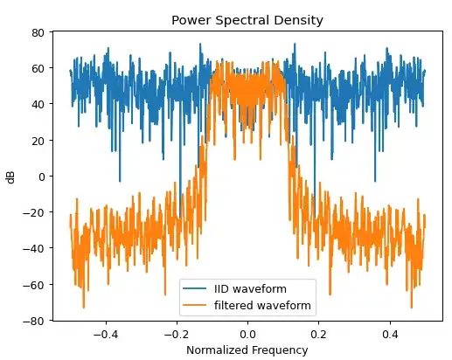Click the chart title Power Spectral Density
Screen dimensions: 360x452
(x=248, y=20)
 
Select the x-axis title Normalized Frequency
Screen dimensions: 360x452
(x=248, y=350)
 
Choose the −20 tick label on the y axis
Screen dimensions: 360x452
(x=36, y=213)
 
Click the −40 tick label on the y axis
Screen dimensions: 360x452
(x=36, y=249)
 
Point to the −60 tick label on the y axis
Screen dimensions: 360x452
(x=36, y=285)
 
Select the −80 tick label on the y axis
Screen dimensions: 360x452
(x=36, y=321)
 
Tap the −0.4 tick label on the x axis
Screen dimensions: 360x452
(x=105, y=333)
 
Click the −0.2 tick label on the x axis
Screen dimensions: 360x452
(x=176, y=333)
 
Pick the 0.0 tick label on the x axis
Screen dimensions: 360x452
(x=248, y=333)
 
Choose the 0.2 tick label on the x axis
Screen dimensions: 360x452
(x=320, y=333)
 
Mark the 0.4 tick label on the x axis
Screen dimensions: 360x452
(x=391, y=333)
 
